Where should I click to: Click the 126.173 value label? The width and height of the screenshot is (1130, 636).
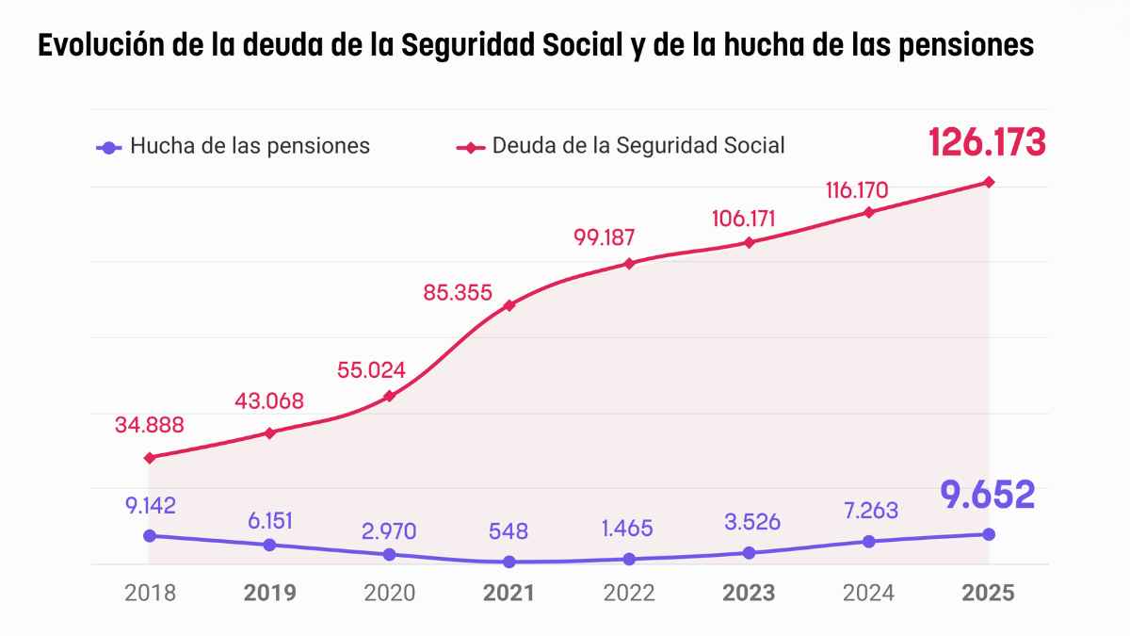coord(987,142)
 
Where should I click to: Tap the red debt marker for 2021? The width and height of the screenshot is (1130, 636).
coord(509,305)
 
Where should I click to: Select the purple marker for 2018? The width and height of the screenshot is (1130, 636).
coord(150,535)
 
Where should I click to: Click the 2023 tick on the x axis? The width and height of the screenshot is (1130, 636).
coord(749,593)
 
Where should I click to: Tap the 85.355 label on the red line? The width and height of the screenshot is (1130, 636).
coord(458,293)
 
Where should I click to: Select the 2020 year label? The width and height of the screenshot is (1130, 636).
coord(390,593)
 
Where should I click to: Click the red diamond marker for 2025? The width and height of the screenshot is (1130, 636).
coord(989,182)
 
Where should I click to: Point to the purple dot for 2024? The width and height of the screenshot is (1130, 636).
coord(869,541)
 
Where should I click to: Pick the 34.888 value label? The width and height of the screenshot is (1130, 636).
coord(150,425)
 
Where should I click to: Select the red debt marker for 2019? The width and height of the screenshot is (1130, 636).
coord(270,433)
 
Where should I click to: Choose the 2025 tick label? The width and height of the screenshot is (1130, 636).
coord(988,593)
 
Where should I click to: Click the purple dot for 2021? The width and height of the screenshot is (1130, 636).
coord(509,562)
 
